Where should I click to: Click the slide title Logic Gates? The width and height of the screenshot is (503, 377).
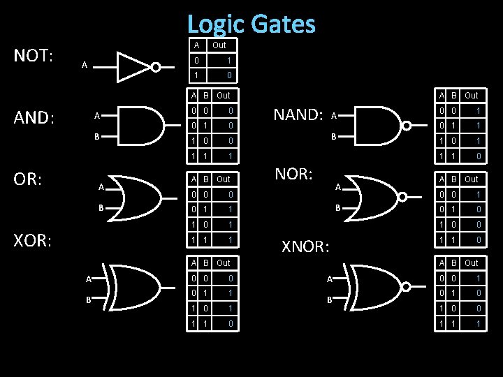[251, 24]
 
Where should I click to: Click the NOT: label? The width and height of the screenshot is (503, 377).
[34, 56]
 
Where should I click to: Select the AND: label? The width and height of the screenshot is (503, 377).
[34, 118]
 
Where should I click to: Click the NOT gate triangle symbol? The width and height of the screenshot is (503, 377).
[135, 66]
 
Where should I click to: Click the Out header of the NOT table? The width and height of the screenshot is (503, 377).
[219, 45]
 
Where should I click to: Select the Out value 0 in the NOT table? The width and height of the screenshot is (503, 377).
[229, 75]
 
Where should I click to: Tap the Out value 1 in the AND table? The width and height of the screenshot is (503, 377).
[229, 155]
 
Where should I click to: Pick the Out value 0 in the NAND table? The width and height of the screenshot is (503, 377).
[478, 155]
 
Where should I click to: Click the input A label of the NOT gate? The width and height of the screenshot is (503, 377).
[84, 66]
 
